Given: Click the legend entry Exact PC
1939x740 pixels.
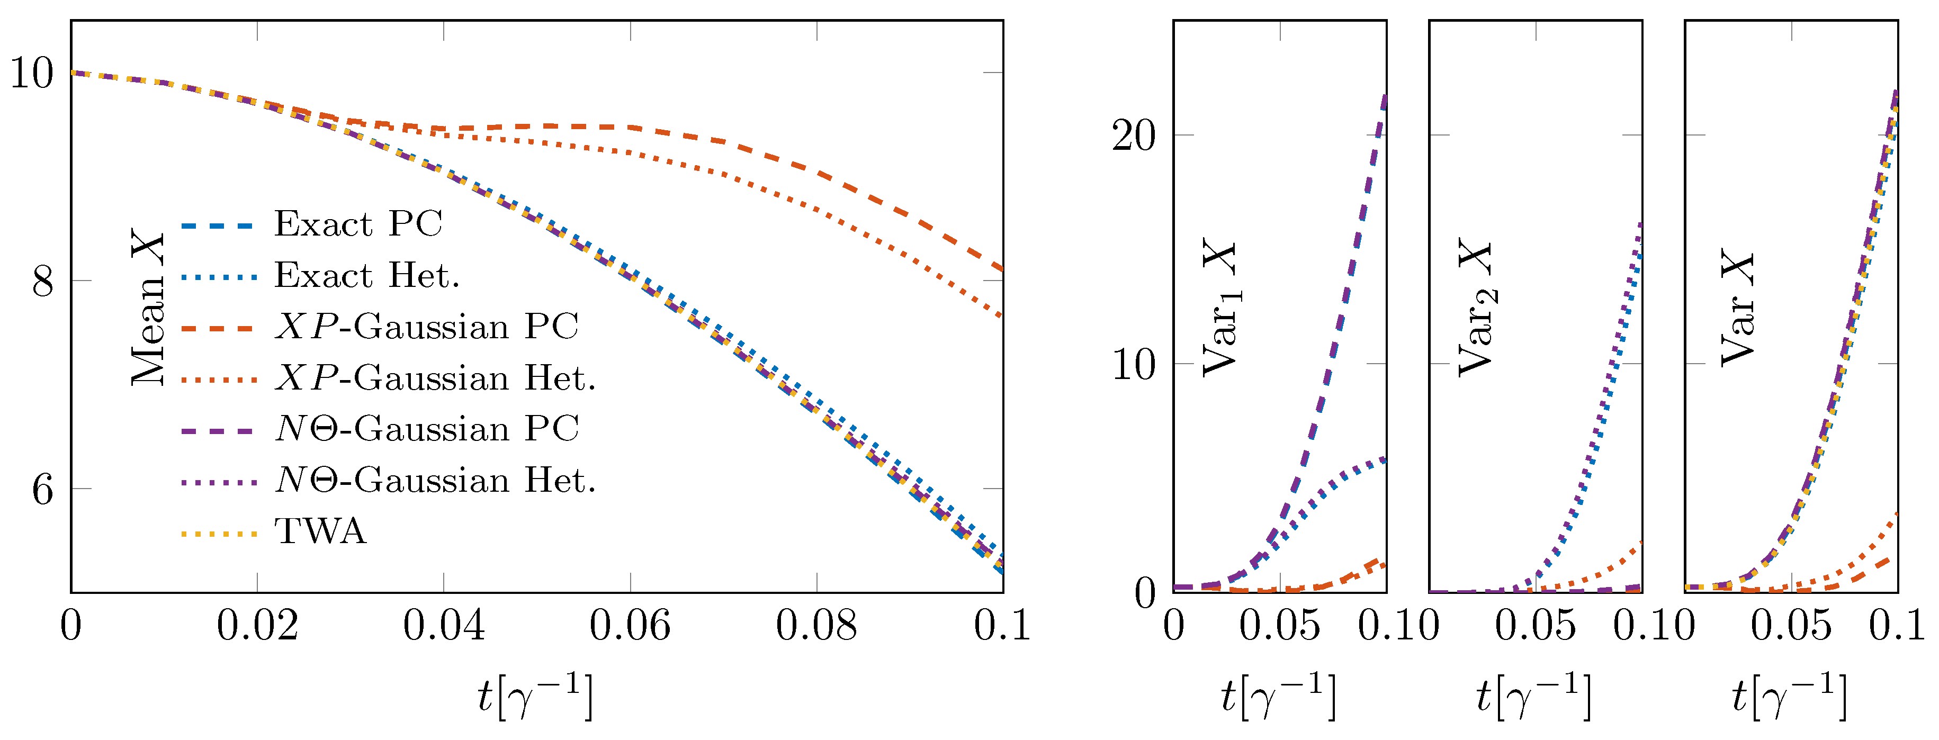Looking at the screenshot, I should coord(357,224).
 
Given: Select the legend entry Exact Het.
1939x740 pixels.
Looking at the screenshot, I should coord(366,276).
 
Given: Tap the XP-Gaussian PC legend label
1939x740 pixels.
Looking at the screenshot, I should coord(426,327).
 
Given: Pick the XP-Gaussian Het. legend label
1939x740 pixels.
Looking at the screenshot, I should coord(435,378).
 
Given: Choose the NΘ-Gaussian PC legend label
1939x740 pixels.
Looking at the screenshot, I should coord(427,429).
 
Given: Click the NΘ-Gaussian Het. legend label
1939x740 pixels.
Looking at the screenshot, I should coord(435,480).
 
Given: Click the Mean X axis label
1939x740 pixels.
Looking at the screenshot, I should coord(148,309).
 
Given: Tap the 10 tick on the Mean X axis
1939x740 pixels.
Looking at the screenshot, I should coord(32,74).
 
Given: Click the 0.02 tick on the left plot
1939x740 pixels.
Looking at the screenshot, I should coord(257,626).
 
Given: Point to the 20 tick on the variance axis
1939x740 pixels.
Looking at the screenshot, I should coord(1133,136).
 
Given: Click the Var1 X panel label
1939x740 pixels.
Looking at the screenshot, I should coord(1220,309).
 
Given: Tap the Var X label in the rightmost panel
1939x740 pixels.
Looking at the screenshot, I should coord(1737,309).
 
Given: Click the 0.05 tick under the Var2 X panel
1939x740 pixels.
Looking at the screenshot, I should coord(1535,626).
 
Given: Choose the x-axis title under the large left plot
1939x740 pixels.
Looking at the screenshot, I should coord(536,697).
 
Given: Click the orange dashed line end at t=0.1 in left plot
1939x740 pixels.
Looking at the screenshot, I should coord(1001,268).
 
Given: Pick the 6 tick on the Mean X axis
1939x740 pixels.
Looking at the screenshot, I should coord(43,489).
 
